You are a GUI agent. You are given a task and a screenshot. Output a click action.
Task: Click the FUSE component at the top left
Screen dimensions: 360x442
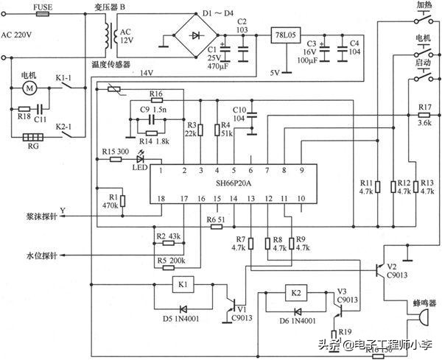(43, 13)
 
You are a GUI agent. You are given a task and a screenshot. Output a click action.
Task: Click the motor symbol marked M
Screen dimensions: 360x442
(30, 88)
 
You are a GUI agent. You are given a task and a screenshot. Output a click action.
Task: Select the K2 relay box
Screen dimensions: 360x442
(297, 292)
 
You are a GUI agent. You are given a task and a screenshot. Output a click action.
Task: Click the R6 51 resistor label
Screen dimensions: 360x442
(215, 220)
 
